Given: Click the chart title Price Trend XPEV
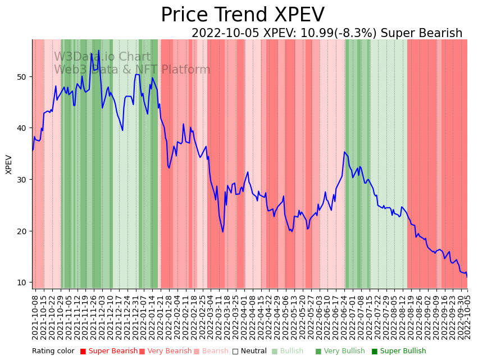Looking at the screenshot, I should click(242, 15).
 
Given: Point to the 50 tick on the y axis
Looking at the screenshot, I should click(23, 76).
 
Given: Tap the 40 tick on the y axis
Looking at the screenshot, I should click(23, 128).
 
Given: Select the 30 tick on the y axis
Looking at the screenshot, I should click(23, 180).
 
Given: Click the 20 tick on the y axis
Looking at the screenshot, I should click(23, 231).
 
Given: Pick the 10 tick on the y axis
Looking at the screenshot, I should click(23, 282).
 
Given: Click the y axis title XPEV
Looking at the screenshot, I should click(9, 164).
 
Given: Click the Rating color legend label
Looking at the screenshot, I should click(53, 352).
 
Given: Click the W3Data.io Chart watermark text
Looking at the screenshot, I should click(102, 57).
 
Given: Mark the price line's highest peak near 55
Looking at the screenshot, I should click(99, 51).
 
